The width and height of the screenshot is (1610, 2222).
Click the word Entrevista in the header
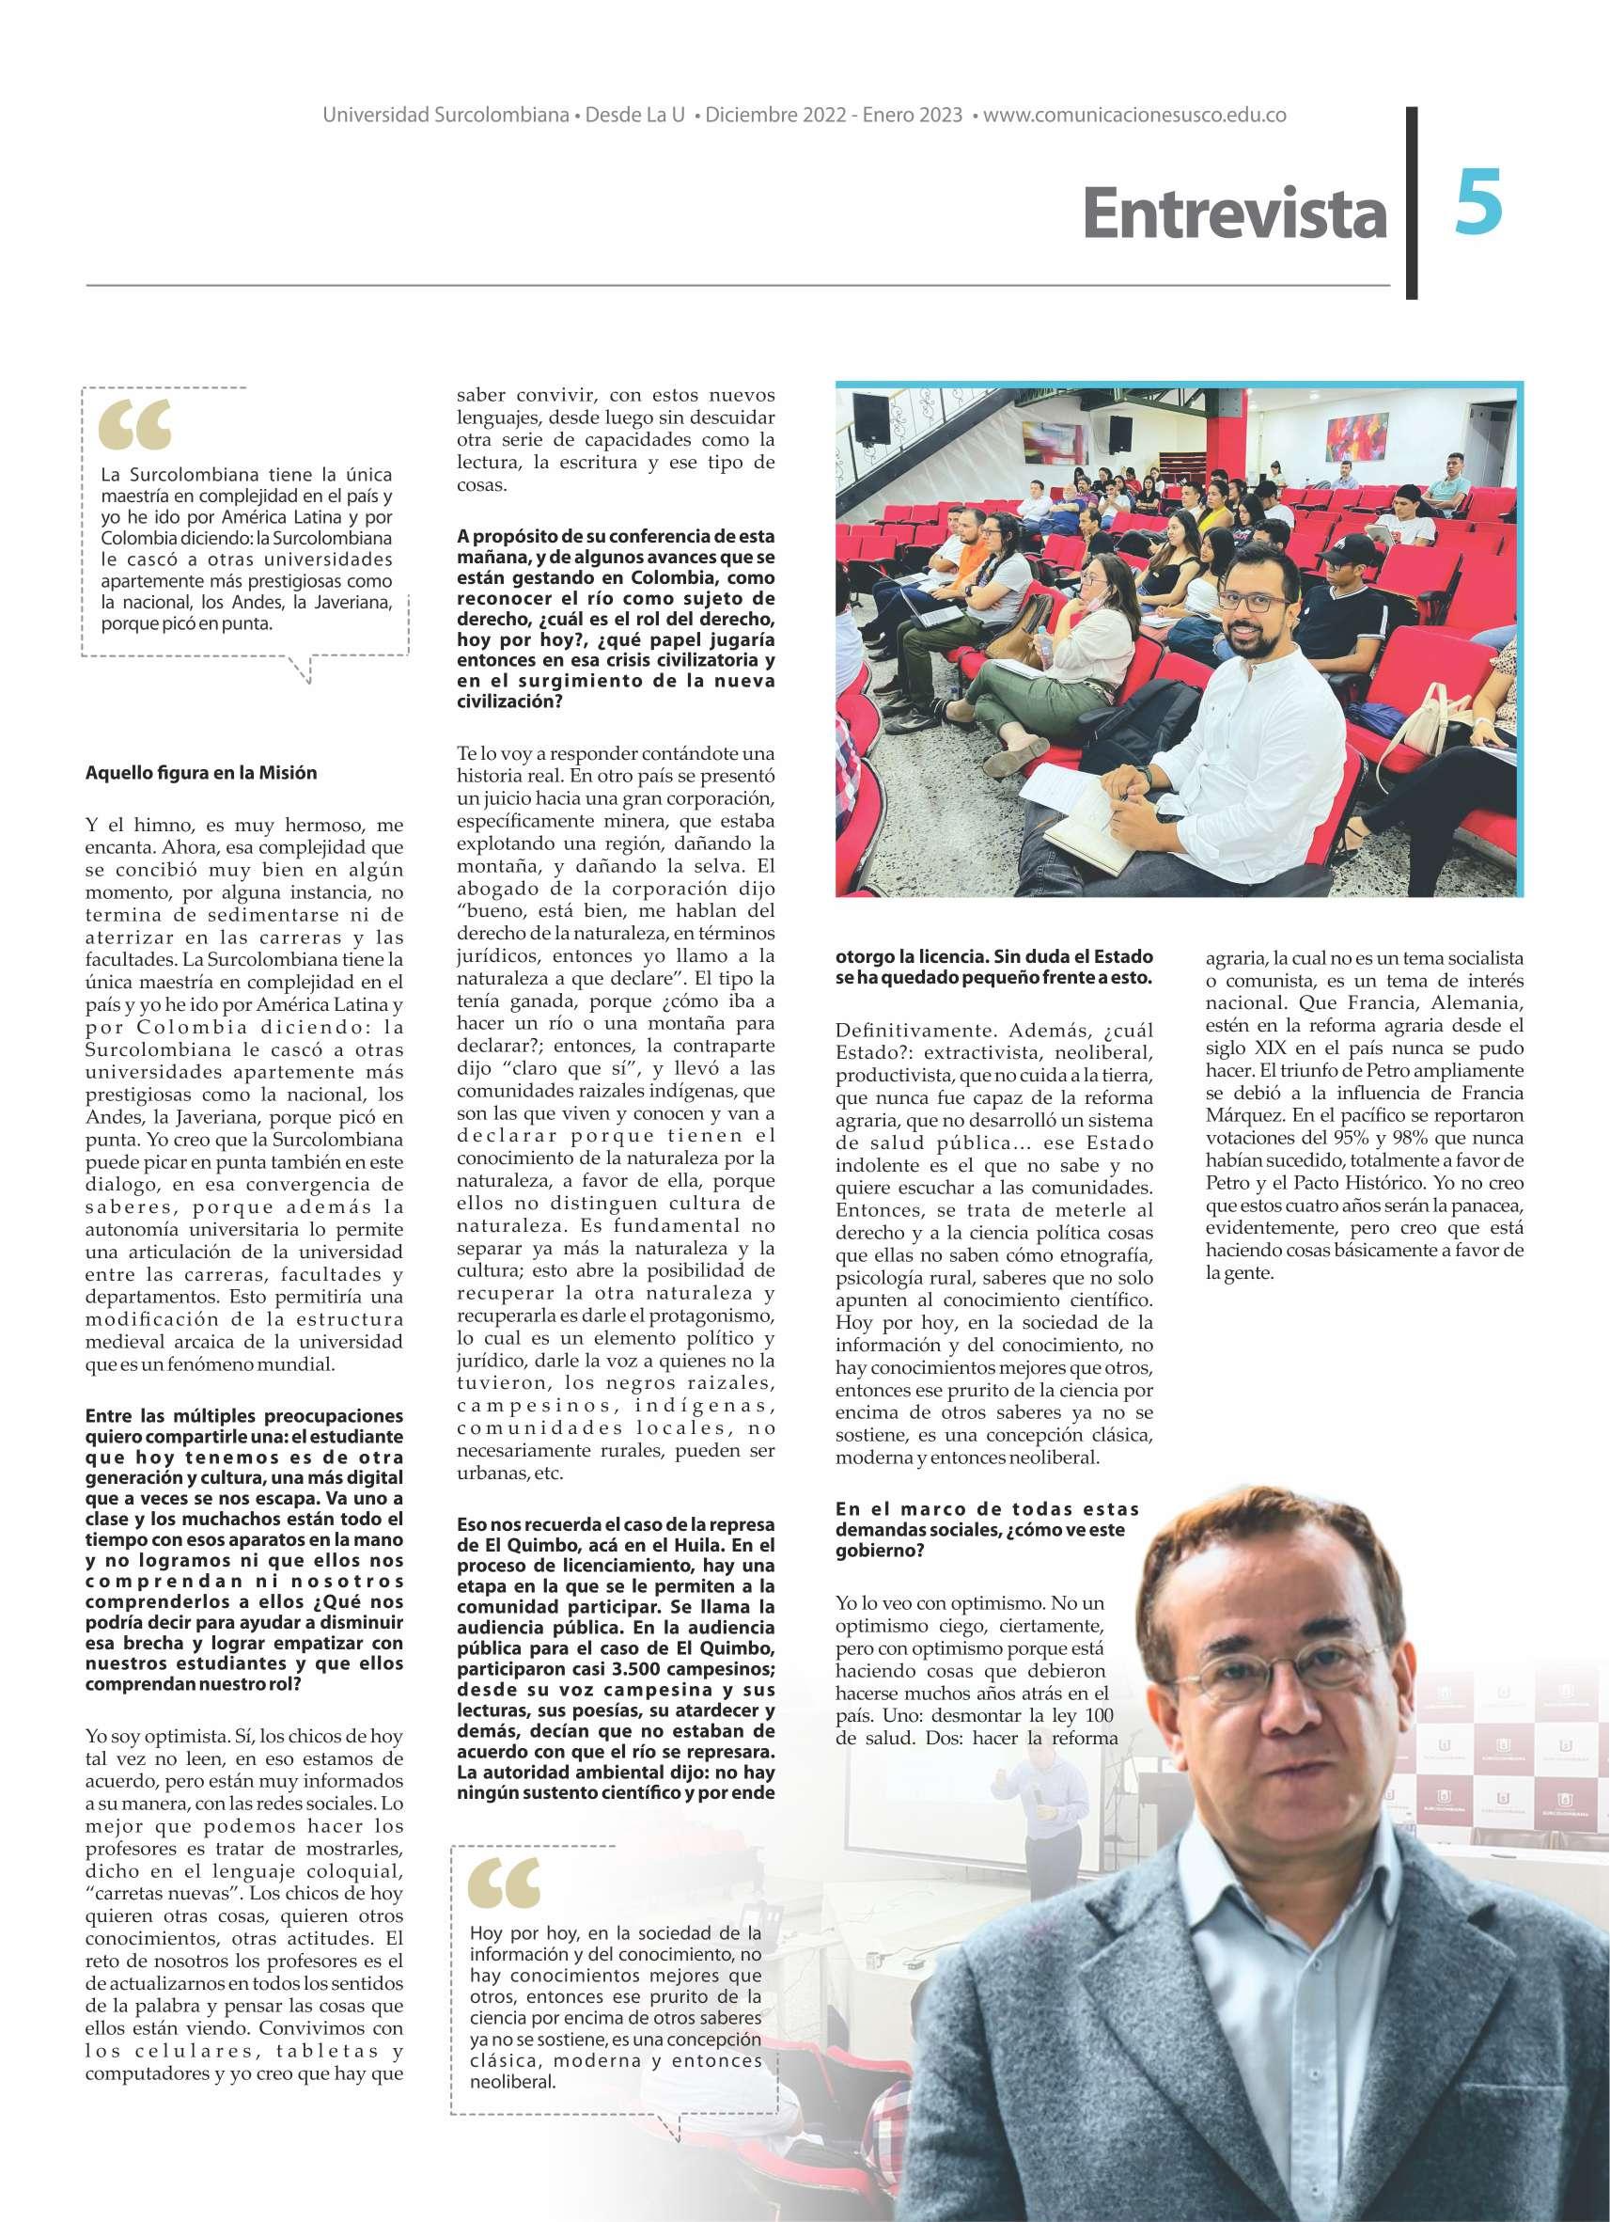(1235, 214)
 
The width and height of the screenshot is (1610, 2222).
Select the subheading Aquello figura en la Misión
(202, 772)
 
